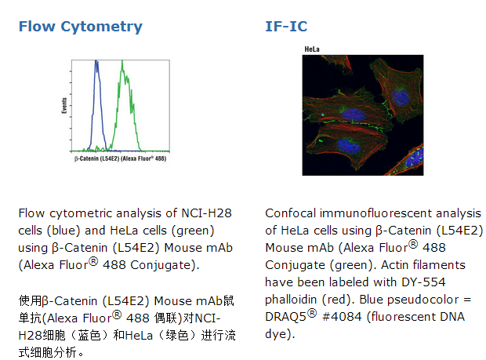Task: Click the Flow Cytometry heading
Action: tap(81, 27)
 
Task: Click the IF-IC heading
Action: tap(286, 27)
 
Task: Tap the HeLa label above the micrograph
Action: tap(312, 49)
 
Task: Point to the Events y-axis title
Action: tap(64, 105)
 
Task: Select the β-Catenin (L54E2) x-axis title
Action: tap(120, 158)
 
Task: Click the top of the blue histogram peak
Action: tap(96, 60)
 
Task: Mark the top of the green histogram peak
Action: tap(122, 61)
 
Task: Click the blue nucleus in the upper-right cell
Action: tap(401, 97)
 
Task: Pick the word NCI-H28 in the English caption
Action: tap(206, 213)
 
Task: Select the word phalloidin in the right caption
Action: tap(291, 300)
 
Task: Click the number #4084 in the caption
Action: tap(342, 317)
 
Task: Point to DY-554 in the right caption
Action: tap(423, 282)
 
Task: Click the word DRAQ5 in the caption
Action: tap(285, 317)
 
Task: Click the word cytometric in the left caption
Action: tap(81, 213)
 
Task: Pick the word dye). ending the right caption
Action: tap(280, 334)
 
